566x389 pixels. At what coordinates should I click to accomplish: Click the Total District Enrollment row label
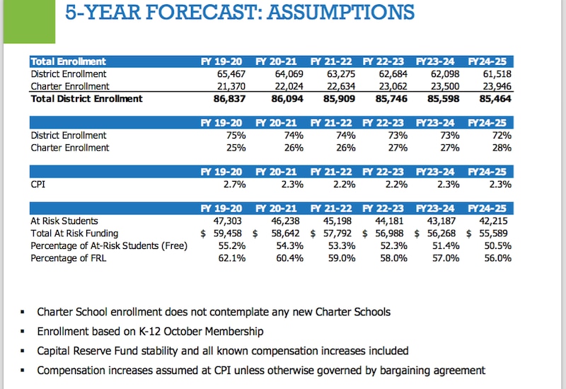[86, 99]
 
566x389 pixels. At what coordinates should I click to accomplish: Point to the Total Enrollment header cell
[69, 62]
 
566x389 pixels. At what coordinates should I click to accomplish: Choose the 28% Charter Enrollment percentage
[499, 148]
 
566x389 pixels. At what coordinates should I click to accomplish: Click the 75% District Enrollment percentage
[235, 135]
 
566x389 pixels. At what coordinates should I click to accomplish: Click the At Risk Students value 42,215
[495, 221]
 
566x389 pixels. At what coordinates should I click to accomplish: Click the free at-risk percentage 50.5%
[497, 245]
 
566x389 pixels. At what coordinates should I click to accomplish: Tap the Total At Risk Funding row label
[74, 233]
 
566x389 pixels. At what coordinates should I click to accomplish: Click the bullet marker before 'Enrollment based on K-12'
[23, 332]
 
